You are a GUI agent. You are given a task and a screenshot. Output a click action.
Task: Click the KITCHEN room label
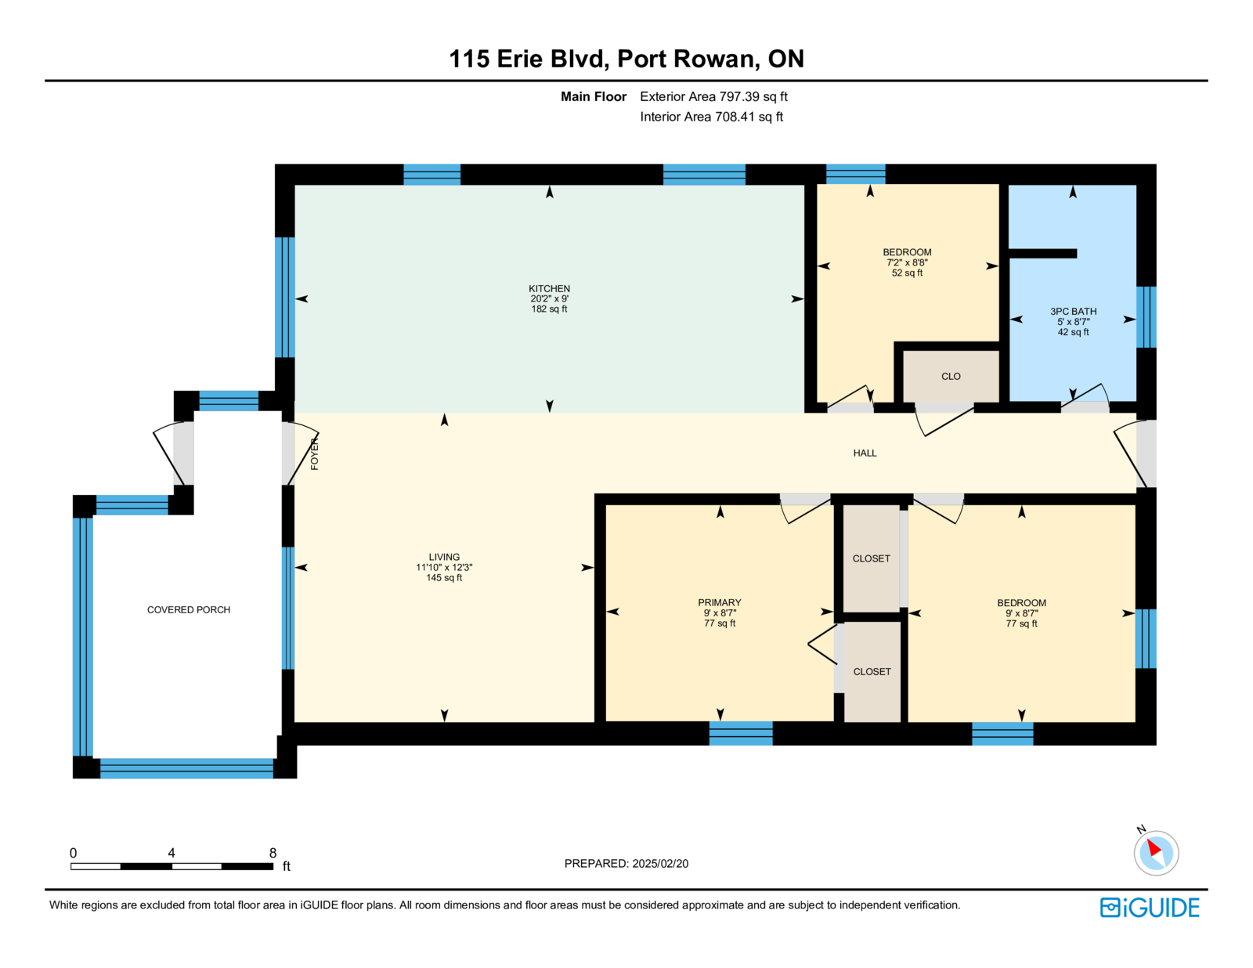(549, 288)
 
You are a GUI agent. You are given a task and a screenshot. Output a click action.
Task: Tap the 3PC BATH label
(1073, 312)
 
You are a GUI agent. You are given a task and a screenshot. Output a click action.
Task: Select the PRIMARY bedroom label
(719, 602)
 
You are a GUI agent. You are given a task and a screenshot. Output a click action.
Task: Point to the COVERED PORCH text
(189, 610)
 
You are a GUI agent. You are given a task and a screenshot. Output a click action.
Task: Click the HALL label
(865, 453)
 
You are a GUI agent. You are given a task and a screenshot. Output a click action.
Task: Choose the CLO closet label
(951, 377)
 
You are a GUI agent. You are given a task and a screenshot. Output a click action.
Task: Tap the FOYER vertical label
(314, 453)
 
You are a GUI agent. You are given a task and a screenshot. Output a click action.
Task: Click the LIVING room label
(444, 557)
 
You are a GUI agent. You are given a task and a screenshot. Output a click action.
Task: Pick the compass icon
(1156, 852)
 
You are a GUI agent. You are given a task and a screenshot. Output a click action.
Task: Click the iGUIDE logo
(1149, 908)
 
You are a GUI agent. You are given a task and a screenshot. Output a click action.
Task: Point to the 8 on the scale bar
(273, 853)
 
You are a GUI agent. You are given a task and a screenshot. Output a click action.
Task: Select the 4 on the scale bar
(172, 853)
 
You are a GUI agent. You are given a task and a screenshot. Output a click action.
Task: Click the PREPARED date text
(626, 864)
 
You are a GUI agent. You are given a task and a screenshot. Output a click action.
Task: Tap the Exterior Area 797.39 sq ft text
(713, 97)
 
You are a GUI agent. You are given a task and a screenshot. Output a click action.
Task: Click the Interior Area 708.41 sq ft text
(711, 117)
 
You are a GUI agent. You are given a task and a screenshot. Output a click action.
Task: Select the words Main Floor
(594, 97)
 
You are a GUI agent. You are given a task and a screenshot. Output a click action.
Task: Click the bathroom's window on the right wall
(1146, 317)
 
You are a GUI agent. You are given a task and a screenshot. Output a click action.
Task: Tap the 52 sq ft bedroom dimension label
(907, 273)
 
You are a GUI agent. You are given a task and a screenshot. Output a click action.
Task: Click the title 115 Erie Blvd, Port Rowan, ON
(626, 59)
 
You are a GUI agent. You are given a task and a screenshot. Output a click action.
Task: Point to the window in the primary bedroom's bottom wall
(740, 733)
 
